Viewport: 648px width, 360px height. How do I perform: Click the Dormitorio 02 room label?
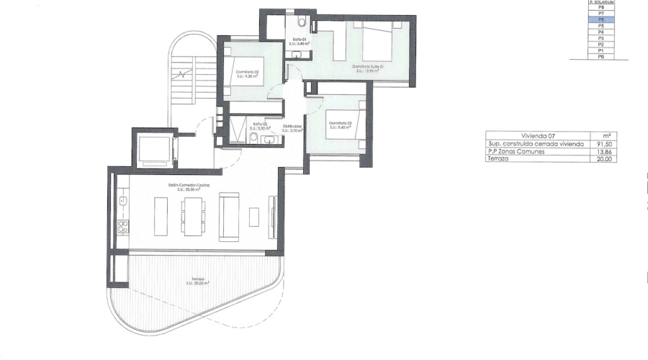247,74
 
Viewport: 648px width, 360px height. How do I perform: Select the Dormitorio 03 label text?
341,125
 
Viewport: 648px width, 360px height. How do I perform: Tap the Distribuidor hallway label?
292,128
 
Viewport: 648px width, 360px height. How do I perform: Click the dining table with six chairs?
193,215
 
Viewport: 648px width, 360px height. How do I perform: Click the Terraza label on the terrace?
196,281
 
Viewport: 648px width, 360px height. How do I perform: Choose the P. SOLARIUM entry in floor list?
600,2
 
